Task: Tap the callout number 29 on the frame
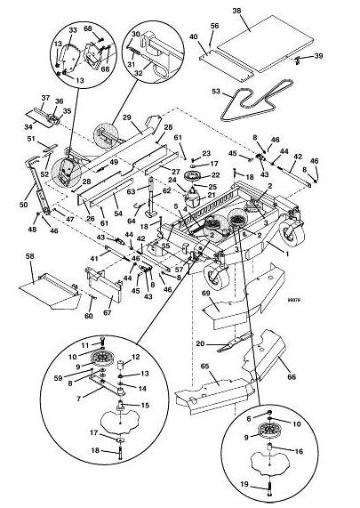(127, 117)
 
